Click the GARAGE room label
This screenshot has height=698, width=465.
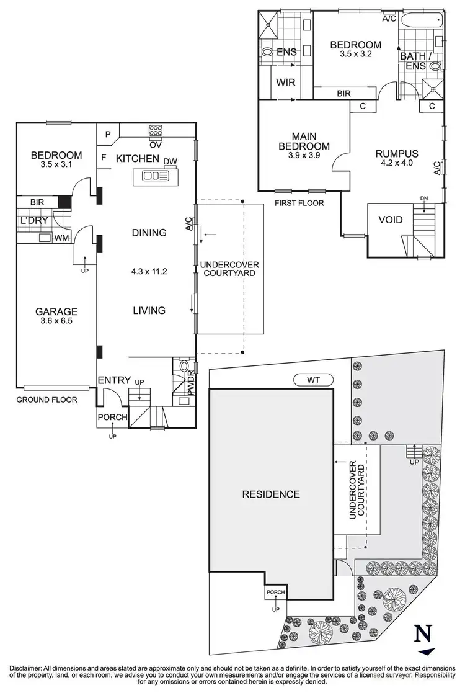[x=56, y=311]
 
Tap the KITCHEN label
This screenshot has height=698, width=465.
[x=138, y=159]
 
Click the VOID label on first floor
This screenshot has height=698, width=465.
[x=390, y=220]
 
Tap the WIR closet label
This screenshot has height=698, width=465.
[x=285, y=83]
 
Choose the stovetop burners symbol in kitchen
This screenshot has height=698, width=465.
[x=155, y=131]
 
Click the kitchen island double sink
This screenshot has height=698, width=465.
[x=152, y=176]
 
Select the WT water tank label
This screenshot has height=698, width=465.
[x=314, y=380]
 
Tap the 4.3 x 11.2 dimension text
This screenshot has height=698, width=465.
[x=149, y=271]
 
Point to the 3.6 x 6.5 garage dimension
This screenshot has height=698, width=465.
[x=56, y=321]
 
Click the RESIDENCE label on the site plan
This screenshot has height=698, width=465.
[x=270, y=494]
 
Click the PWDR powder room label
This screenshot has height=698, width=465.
[x=191, y=384]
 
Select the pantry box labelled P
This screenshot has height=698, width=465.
[x=107, y=133]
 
